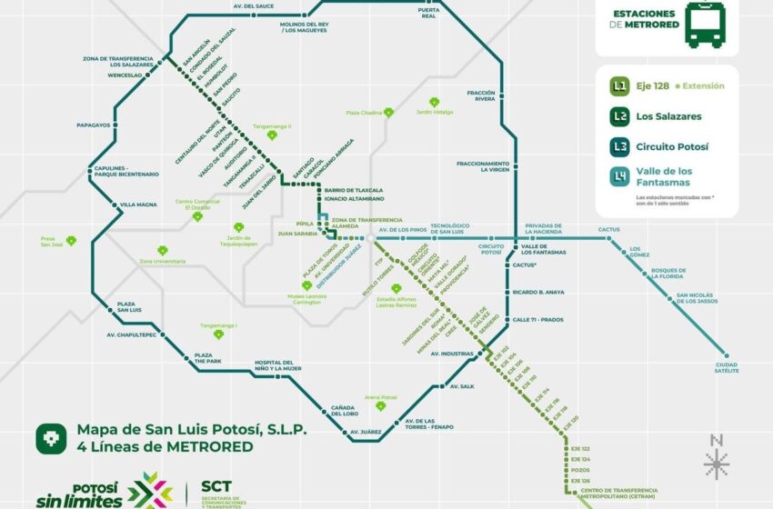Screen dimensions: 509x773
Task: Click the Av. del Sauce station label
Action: pos(253,6)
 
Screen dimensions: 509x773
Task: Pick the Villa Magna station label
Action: pos(140,205)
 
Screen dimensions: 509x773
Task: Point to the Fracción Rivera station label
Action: pos(480,95)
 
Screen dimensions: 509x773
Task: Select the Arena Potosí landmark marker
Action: pos(380,405)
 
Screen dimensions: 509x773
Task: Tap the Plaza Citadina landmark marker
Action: pos(389,113)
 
